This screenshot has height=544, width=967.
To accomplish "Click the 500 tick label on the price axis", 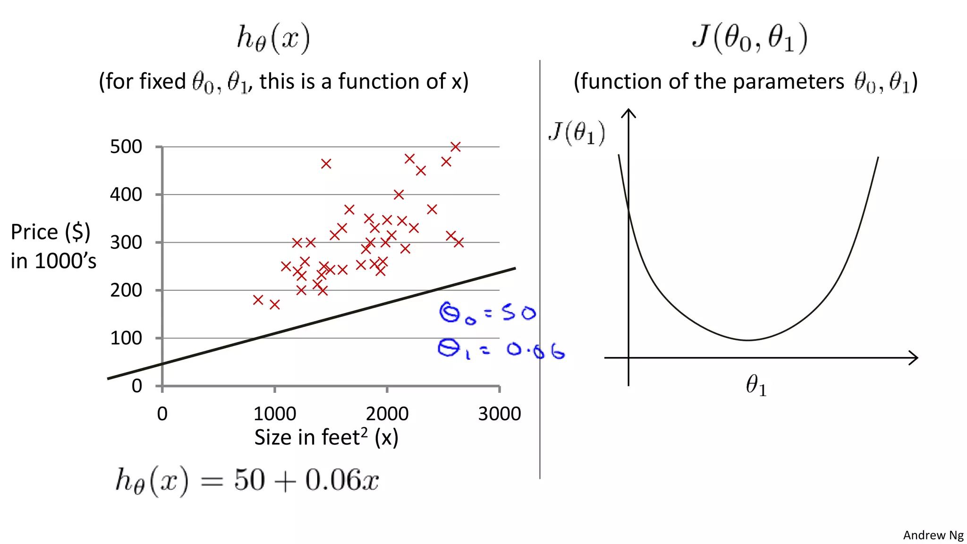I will [x=126, y=147].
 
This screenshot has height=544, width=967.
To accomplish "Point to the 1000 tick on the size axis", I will [x=274, y=414].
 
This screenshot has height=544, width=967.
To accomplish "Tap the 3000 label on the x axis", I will [x=499, y=414].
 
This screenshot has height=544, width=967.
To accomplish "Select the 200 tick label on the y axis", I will [x=126, y=290].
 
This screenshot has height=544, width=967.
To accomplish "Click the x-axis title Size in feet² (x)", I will [x=326, y=437].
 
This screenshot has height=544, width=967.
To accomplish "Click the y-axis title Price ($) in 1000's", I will [x=53, y=246].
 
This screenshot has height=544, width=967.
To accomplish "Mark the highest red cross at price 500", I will [x=455, y=147].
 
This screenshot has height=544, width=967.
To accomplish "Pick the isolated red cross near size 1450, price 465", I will [x=326, y=164].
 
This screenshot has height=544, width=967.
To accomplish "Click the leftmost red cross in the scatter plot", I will [x=258, y=300].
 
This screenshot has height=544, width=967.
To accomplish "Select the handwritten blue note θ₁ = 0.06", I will [x=500, y=350].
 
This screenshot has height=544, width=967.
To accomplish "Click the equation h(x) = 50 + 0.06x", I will [x=247, y=480].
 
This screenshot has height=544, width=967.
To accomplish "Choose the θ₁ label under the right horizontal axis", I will [x=756, y=385].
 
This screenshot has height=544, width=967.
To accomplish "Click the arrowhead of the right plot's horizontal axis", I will [x=915, y=358].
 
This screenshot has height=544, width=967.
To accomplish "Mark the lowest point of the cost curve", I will [x=748, y=340].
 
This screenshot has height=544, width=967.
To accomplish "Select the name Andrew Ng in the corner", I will [x=933, y=535].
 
